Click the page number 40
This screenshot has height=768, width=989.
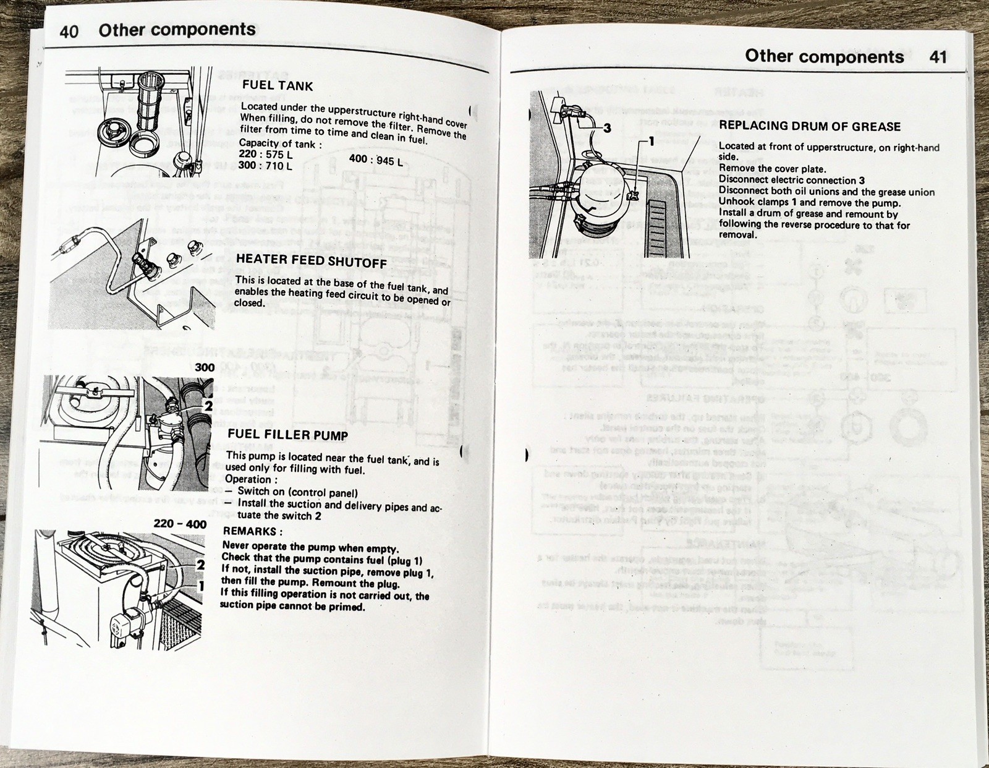pyautogui.click(x=69, y=32)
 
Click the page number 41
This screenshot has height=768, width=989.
pyautogui.click(x=938, y=57)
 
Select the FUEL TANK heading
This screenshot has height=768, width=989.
pyautogui.click(x=278, y=85)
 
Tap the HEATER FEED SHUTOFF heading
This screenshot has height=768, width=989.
pyautogui.click(x=311, y=260)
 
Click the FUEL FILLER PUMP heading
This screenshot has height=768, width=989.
pyautogui.click(x=287, y=435)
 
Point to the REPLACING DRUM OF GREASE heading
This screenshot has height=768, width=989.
pyautogui.click(x=810, y=126)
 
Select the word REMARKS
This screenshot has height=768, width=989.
pyautogui.click(x=251, y=531)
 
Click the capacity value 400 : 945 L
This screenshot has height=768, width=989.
pyautogui.click(x=375, y=160)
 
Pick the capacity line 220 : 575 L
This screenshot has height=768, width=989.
pyautogui.click(x=266, y=155)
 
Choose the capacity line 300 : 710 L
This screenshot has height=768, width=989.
pyautogui.click(x=266, y=166)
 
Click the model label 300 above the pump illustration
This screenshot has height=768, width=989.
pyautogui.click(x=205, y=367)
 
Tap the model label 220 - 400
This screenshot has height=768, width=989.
pyautogui.click(x=180, y=524)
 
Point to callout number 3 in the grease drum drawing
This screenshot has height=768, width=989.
pyautogui.click(x=607, y=128)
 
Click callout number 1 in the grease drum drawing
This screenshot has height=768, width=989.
pyautogui.click(x=650, y=142)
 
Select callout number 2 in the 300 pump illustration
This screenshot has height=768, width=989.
pyautogui.click(x=208, y=406)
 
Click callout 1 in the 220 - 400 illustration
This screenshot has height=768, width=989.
pyautogui.click(x=200, y=585)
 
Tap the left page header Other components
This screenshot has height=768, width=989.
pyautogui.click(x=177, y=30)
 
